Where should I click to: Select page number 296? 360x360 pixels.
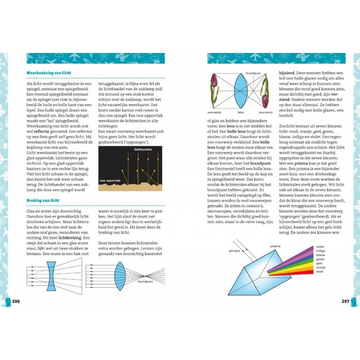pos(16,301)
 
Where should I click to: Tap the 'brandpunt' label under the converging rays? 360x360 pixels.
pos(146,282)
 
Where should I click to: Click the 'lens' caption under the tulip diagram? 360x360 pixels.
pos(240,112)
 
